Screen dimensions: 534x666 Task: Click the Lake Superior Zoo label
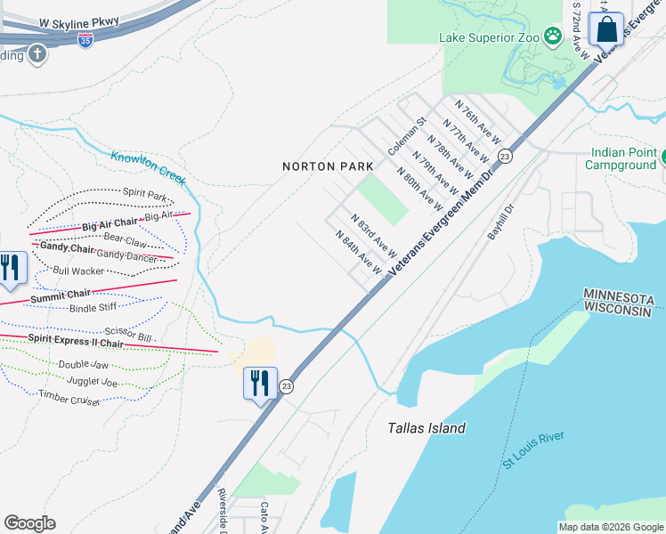[490, 37]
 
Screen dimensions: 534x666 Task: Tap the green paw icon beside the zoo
[554, 36]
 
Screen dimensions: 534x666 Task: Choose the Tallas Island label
[426, 428]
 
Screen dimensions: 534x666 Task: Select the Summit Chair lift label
[61, 295]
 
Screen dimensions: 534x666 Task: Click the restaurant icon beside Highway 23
[260, 383]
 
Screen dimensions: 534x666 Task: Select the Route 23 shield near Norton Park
[505, 156]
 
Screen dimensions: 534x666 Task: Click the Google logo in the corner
[30, 523]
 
